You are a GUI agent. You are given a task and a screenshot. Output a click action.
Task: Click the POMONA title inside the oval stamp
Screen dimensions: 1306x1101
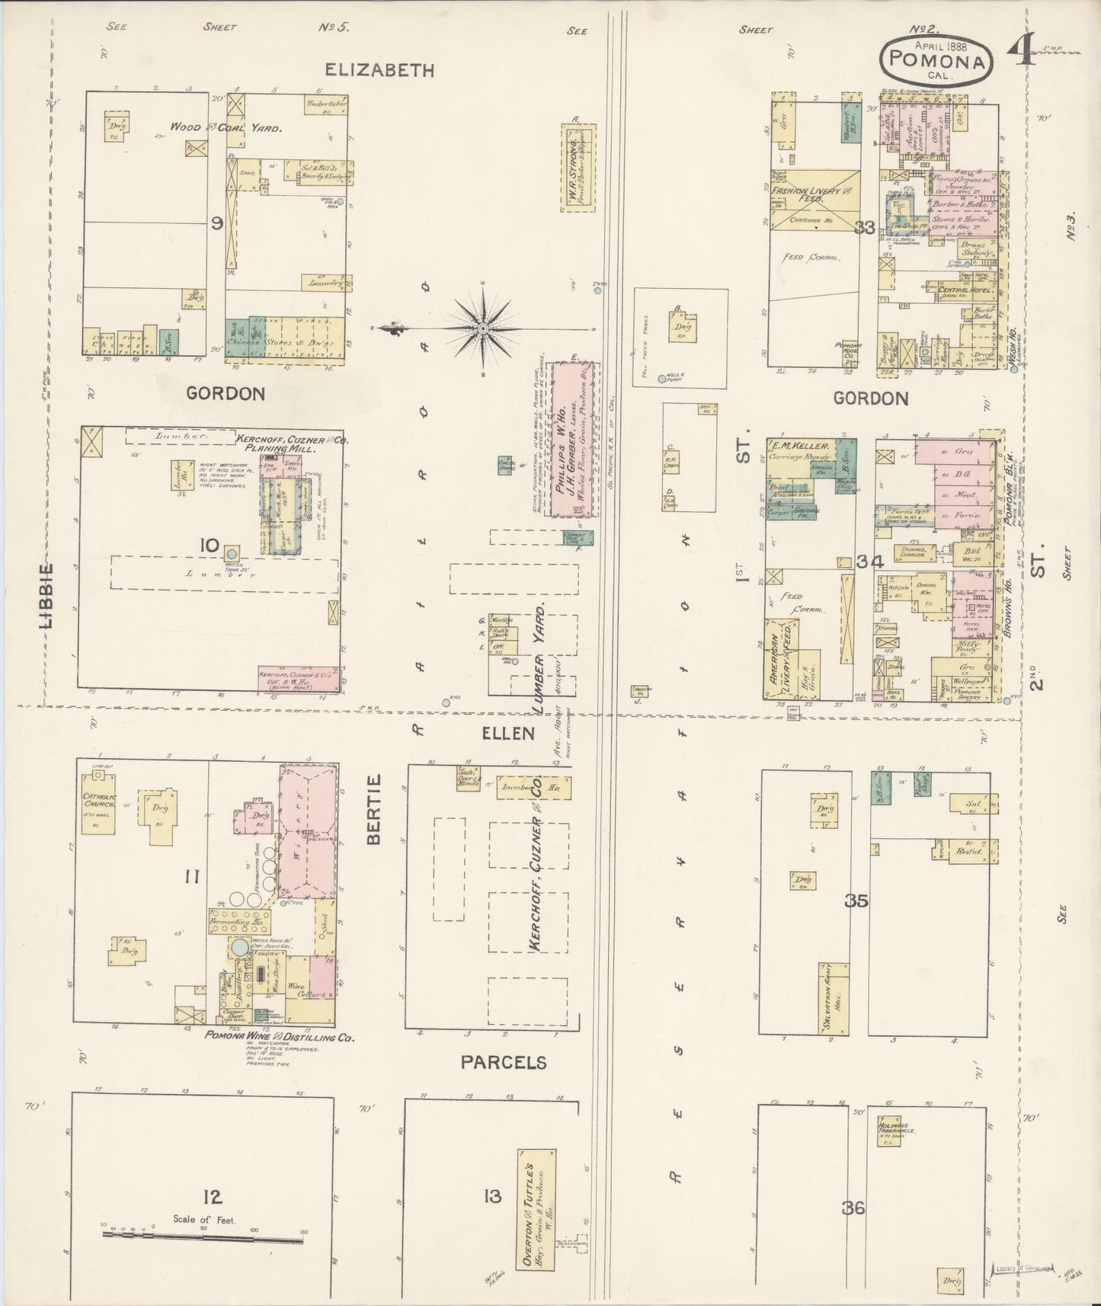click(x=938, y=59)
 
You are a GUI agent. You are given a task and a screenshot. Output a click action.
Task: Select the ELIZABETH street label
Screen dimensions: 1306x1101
click(x=379, y=70)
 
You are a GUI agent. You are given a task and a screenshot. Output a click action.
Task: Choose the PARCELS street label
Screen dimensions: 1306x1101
click(x=504, y=1062)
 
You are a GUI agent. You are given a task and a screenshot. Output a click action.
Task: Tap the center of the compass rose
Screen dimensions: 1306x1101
click(x=482, y=328)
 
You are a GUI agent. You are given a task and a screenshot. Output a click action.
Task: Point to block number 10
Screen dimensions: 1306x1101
click(x=208, y=546)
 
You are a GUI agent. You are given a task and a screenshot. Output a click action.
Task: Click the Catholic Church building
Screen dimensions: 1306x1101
click(x=98, y=811)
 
